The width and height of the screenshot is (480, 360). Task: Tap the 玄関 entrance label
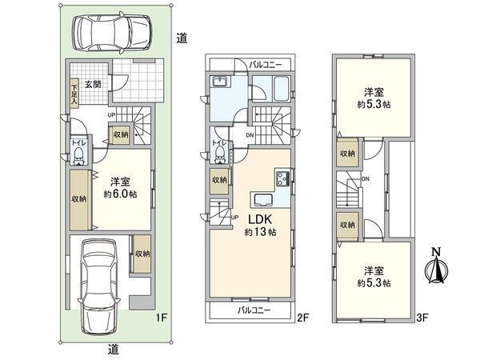point(92,84)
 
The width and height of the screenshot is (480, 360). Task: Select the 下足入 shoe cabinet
point(74,94)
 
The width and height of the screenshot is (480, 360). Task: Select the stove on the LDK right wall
point(282,177)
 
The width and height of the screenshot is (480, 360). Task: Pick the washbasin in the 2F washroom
point(222,83)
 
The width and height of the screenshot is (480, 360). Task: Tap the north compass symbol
point(435,266)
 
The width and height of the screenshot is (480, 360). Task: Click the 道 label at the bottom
point(115,348)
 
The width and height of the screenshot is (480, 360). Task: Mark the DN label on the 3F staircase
point(365,180)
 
